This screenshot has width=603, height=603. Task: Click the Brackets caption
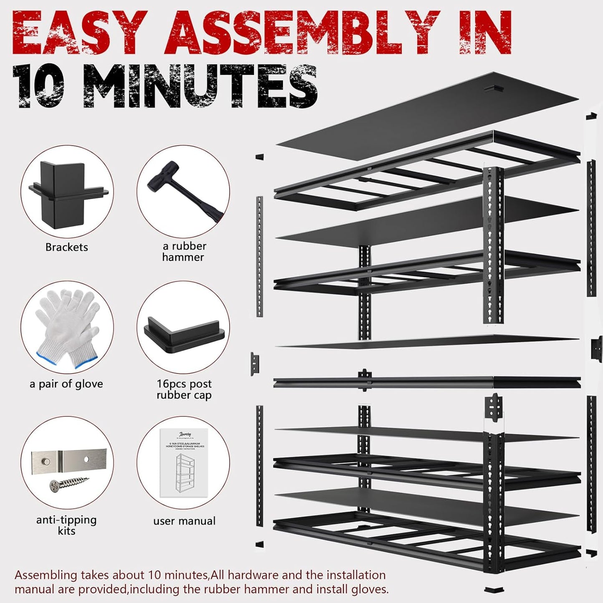coord(67,247)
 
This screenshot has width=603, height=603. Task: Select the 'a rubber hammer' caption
coord(184,252)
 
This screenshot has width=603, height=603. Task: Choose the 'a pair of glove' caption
coord(66,384)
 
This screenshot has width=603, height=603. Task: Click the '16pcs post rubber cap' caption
coord(184,389)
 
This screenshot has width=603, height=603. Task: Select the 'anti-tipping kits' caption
coord(66,525)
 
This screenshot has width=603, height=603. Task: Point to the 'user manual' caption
coord(184,521)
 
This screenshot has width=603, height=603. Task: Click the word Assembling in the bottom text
coord(46,575)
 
